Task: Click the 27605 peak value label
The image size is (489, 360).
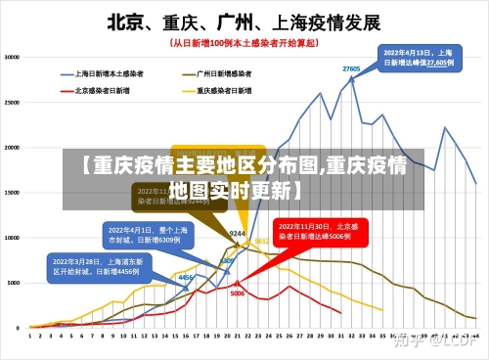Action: [x=351, y=68]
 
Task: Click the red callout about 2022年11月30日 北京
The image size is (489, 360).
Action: [x=314, y=231]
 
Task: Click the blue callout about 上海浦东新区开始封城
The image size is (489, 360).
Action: [x=96, y=266]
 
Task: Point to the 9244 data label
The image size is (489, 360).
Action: [x=237, y=234]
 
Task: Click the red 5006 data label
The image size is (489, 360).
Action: [x=237, y=293]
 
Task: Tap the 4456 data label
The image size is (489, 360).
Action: [x=184, y=277]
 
